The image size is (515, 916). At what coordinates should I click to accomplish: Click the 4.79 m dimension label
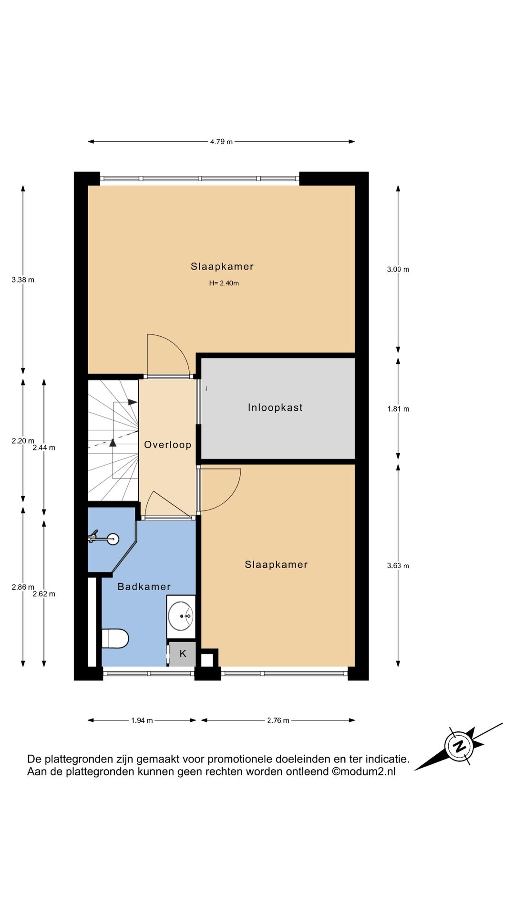point(221,142)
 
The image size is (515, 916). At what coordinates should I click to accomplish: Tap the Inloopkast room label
point(275,407)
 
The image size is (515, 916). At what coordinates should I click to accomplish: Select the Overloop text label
point(168,445)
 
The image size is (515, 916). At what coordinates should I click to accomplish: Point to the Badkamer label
point(144,587)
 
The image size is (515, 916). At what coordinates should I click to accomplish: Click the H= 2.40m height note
point(224,283)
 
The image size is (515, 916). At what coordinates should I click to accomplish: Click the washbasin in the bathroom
point(181,616)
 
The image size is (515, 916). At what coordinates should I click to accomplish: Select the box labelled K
point(183,654)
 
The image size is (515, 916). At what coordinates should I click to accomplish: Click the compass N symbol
point(459,746)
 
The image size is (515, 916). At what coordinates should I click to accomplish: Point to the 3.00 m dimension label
point(398,270)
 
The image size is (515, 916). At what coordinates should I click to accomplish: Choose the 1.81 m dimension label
point(398,409)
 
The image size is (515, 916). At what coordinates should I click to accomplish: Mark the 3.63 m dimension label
point(398,566)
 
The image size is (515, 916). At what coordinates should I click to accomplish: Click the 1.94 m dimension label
point(142,720)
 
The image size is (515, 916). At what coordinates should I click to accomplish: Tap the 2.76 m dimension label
point(278,720)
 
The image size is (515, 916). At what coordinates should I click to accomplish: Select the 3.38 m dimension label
point(23,280)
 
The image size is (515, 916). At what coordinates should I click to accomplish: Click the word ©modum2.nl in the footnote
point(364,771)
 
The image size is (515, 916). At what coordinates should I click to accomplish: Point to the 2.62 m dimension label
point(44,594)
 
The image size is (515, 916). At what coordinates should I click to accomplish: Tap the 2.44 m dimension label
point(44,448)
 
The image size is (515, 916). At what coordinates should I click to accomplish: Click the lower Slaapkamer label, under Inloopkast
point(276,564)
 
